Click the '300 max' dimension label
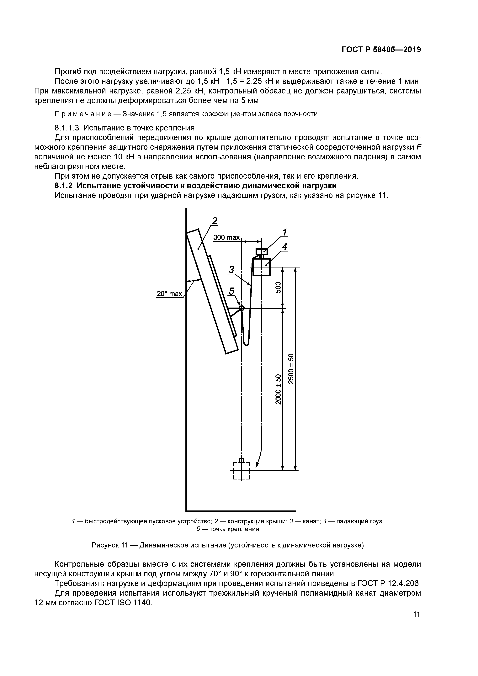(226, 237)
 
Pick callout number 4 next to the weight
(284, 247)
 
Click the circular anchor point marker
(242, 308)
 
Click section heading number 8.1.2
(64, 186)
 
